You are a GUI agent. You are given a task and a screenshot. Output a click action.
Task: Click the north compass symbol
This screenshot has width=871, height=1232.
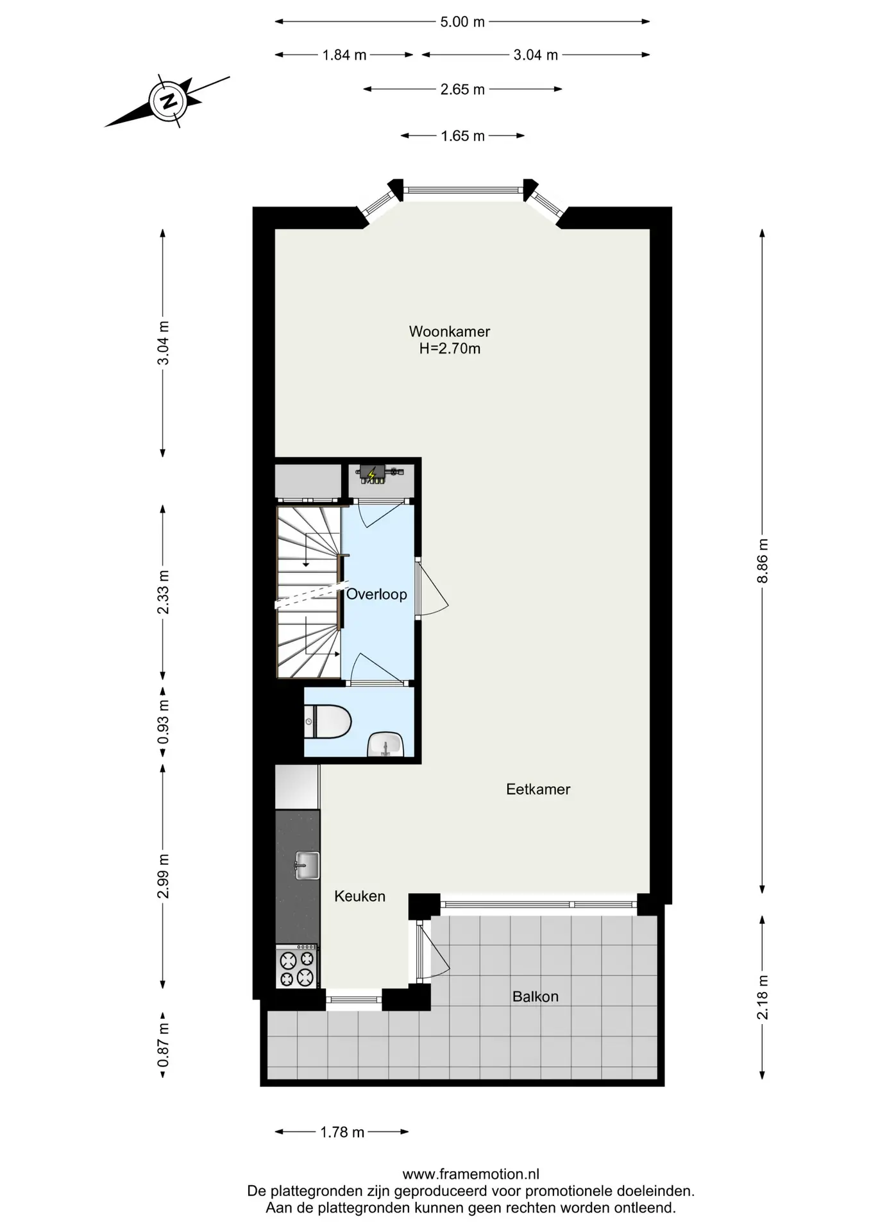click(x=169, y=101)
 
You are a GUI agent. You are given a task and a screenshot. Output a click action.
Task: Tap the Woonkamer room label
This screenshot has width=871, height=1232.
click(x=450, y=332)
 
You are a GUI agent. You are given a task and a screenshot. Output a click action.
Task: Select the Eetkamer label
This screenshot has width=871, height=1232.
click(x=538, y=789)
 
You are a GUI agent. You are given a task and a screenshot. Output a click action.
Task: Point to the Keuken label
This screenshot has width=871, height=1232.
click(x=360, y=896)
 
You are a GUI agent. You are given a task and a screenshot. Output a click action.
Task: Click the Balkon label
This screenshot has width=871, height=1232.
click(x=536, y=997)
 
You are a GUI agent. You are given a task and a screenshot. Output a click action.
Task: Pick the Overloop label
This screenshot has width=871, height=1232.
click(x=376, y=594)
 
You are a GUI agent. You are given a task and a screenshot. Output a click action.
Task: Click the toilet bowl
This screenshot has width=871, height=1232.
click(x=328, y=722)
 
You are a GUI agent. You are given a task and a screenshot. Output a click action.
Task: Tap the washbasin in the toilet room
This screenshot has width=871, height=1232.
click(x=385, y=745)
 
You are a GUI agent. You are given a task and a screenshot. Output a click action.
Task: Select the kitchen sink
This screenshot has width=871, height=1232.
click(x=307, y=866)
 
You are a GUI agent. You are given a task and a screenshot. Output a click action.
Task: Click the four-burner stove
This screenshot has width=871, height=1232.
click(x=297, y=966)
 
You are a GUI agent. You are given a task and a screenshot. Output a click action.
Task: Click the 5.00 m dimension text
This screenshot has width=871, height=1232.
click(x=462, y=22)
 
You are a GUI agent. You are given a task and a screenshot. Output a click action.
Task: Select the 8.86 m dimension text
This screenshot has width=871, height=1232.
click(x=763, y=560)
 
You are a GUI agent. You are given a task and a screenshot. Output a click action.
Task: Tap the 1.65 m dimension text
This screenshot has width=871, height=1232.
click(x=462, y=136)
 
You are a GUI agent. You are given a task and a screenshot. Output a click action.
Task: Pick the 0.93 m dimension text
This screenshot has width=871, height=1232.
click(x=164, y=722)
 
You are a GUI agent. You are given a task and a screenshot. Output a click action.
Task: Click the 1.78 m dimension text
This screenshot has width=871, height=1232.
click(x=342, y=1132)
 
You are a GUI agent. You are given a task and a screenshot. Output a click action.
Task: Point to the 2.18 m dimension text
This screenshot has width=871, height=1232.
click(x=763, y=997)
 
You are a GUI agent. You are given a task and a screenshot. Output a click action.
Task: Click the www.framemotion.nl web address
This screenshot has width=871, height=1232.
click(x=471, y=1174)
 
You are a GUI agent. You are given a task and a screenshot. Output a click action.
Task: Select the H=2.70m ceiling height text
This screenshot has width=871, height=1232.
click(x=450, y=349)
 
